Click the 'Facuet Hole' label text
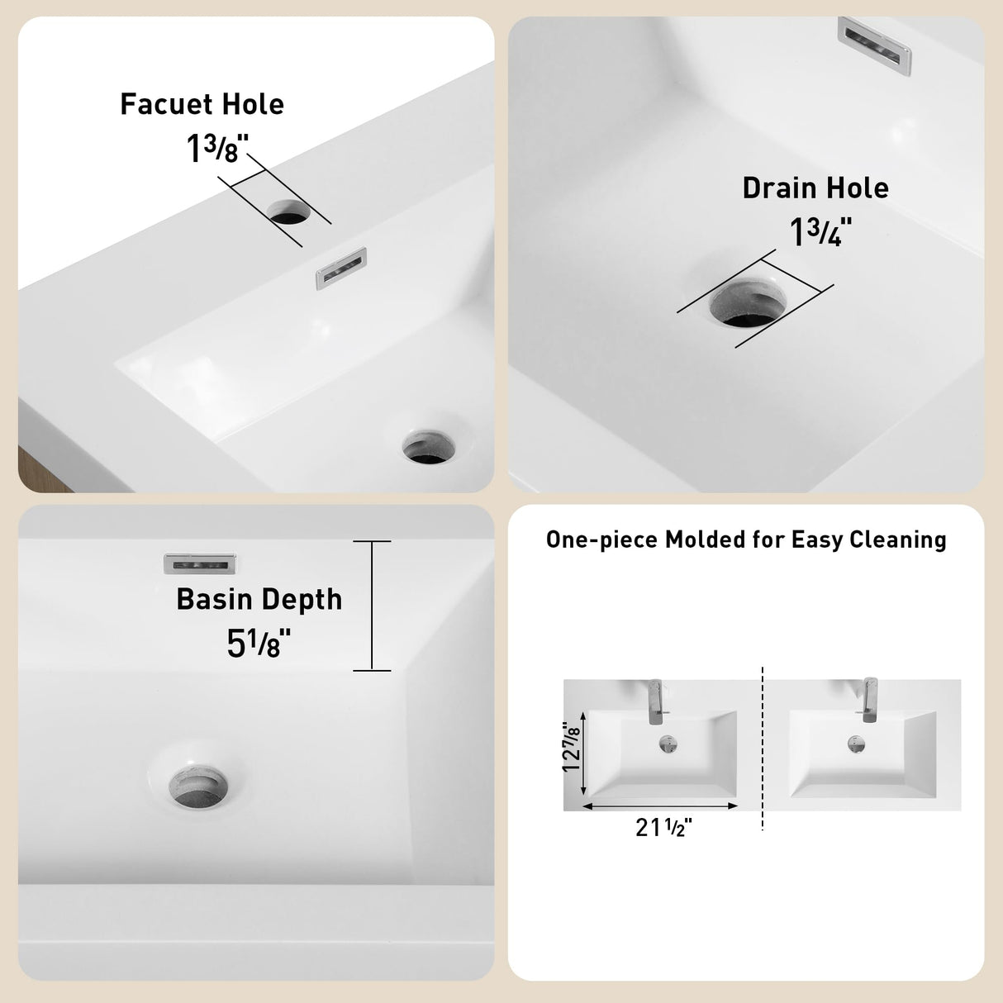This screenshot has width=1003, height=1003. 202,104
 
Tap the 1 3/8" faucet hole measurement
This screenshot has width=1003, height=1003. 216,150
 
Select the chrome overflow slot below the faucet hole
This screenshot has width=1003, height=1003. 340,269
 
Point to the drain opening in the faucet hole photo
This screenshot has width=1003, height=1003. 428,446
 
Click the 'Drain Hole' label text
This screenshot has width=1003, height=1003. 815,188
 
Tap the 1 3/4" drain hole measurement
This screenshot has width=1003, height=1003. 820,232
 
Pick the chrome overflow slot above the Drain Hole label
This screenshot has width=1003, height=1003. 875,46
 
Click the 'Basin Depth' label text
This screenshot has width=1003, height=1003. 259,599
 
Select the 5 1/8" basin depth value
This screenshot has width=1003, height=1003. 259,643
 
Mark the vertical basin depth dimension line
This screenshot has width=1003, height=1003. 372,606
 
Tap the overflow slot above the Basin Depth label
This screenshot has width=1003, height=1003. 199,563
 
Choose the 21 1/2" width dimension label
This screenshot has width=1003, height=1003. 663,827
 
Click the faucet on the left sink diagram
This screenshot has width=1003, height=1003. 655,699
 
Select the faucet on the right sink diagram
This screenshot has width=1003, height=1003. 869,698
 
